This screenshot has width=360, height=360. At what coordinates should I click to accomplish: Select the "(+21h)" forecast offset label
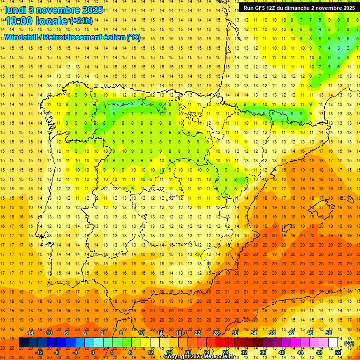[x=81, y=21]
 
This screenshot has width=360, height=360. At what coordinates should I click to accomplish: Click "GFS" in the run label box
[x=262, y=8]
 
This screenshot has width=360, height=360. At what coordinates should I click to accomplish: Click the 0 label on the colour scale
[x=93, y=352]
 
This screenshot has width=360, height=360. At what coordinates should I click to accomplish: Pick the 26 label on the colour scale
[x=216, y=333]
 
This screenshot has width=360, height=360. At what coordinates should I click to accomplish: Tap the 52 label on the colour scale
[x=338, y=352]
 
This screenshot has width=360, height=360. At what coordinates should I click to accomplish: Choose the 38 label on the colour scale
[x=272, y=333]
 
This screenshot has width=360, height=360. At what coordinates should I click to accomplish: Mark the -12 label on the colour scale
[x=39, y=352]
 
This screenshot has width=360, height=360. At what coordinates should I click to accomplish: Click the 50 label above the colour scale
[x=329, y=333]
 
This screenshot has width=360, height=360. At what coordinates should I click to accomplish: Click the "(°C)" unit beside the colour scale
[x=349, y=343]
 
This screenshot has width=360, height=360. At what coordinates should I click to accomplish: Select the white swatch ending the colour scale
[x=333, y=343]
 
